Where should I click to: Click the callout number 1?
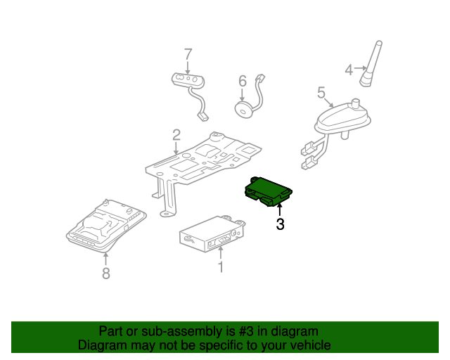[x=220, y=266]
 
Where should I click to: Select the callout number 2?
[x=176, y=134]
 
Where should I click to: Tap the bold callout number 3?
[x=280, y=224]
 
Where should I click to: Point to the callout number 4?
[x=348, y=69]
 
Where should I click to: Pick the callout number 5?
[x=321, y=92]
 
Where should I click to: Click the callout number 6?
[x=242, y=81]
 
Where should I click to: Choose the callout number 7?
[x=188, y=53]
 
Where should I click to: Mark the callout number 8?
[x=106, y=274]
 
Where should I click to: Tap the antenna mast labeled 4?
[x=371, y=65]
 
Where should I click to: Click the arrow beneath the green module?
[x=280, y=209]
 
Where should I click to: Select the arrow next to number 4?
[x=359, y=69]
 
